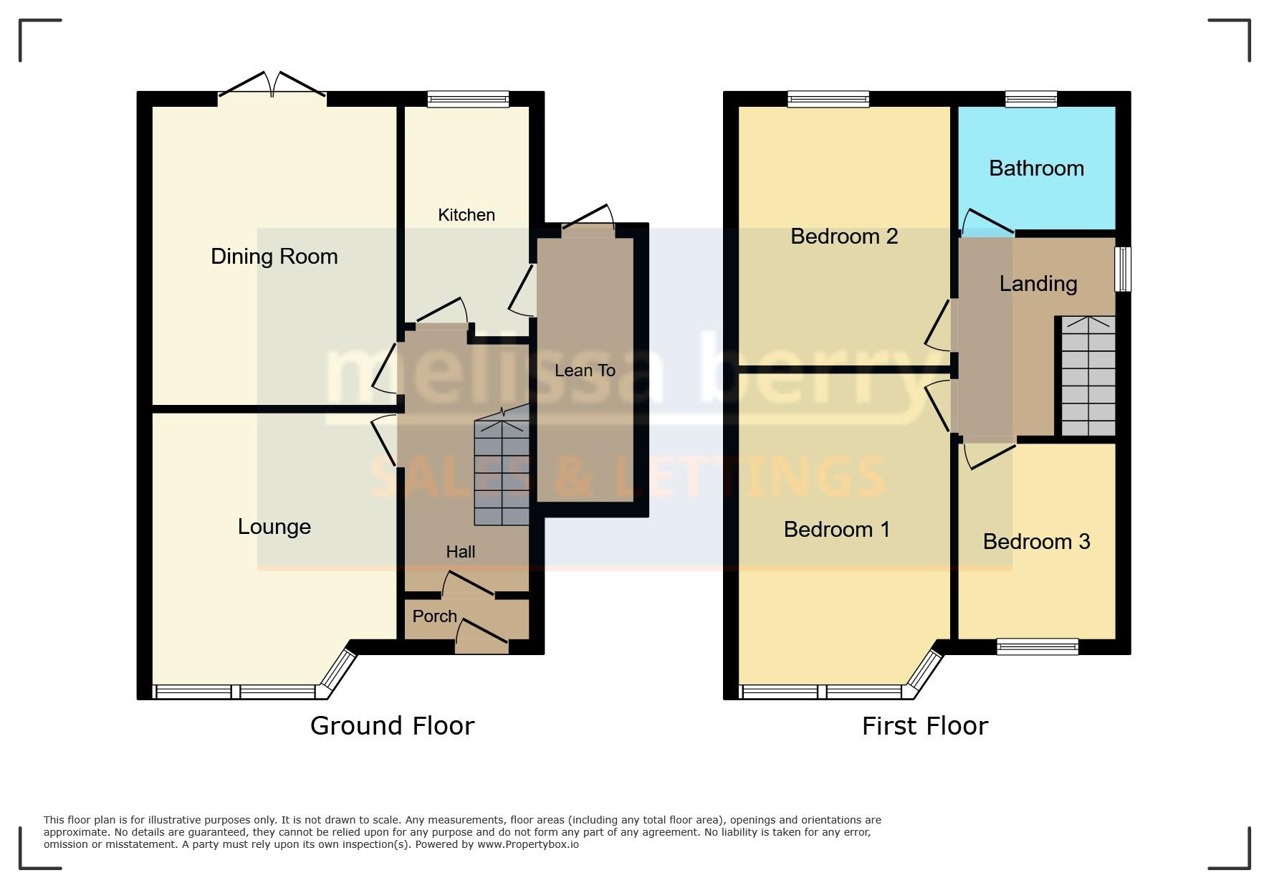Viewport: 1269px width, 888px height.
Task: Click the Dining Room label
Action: point(274,257)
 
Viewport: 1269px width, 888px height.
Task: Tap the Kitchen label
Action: point(466,215)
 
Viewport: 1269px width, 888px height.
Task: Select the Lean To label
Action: point(585,371)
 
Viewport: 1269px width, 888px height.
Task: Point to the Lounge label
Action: point(274,527)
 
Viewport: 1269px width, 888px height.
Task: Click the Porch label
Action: point(435,616)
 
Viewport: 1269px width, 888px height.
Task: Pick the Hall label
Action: point(461,552)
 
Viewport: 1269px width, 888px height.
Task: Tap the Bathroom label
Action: point(1036,168)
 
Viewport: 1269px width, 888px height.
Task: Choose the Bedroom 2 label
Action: point(844,237)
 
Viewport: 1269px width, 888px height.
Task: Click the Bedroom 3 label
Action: point(1036,542)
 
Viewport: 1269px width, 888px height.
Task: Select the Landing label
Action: point(1038,285)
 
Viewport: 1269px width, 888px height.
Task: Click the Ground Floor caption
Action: point(392,726)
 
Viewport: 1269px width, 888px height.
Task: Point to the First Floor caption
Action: point(925,726)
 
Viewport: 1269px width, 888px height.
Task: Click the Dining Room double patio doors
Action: point(272,85)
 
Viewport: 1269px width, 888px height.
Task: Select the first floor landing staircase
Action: point(1088,376)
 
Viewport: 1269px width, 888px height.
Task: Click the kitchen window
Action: point(468,99)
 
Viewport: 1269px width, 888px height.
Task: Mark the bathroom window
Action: point(1031,99)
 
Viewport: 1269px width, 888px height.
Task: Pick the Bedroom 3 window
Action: point(1038,647)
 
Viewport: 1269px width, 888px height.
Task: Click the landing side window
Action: point(1124,269)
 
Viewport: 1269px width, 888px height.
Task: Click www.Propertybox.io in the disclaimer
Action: point(528,844)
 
